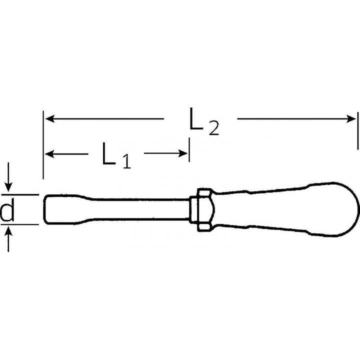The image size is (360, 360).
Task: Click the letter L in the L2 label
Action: (195, 118)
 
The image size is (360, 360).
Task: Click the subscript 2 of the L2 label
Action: (213, 129)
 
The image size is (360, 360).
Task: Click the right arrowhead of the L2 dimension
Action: (352, 119)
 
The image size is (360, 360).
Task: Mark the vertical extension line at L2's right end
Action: (358, 131)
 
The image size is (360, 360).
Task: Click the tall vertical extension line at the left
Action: (43, 145)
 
